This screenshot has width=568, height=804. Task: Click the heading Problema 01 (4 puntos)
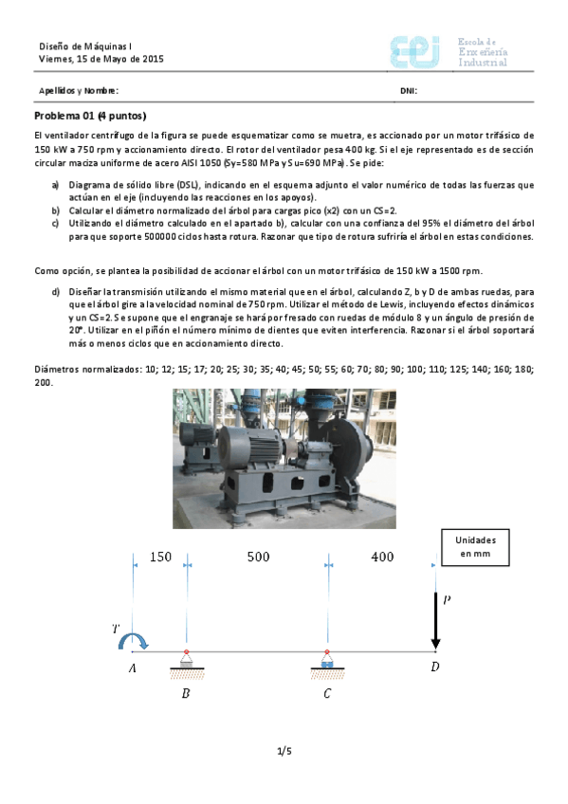pyautogui.click(x=90, y=116)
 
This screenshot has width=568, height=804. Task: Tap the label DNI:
pyautogui.click(x=409, y=91)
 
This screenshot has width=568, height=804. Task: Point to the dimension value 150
pyautogui.click(x=161, y=557)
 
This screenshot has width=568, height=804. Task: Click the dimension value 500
pyautogui.click(x=258, y=557)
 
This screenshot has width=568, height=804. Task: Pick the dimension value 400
pyautogui.click(x=382, y=557)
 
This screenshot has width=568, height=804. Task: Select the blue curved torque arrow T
pyautogui.click(x=128, y=642)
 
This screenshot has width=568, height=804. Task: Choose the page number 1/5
pyautogui.click(x=284, y=752)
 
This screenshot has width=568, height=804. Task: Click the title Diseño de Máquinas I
pyautogui.click(x=84, y=46)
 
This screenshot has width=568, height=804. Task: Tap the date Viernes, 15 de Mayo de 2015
pyautogui.click(x=101, y=59)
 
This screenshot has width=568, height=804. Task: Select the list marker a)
pyautogui.click(x=56, y=184)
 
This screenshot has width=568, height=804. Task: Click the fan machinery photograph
pyautogui.click(x=283, y=457)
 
